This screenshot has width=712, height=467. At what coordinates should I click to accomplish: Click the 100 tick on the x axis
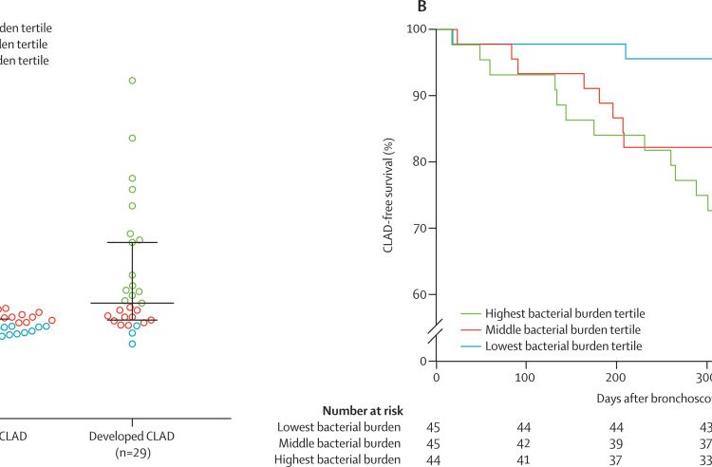[526, 378]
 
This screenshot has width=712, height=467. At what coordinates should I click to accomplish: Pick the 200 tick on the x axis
[616, 378]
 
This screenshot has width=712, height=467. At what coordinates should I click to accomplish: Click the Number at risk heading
[363, 411]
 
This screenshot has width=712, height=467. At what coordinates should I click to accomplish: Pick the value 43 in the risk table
[703, 427]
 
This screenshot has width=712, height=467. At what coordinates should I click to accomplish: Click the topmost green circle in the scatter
[132, 81]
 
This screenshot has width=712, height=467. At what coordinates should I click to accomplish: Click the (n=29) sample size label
[132, 453]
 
